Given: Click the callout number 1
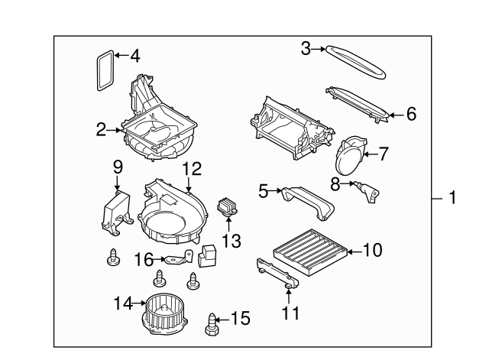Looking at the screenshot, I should (x=452, y=199).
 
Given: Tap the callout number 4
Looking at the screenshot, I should (x=134, y=56).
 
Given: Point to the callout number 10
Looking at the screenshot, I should (x=372, y=249).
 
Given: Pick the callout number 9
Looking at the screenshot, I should (x=118, y=166).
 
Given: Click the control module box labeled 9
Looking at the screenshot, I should (x=116, y=209).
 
